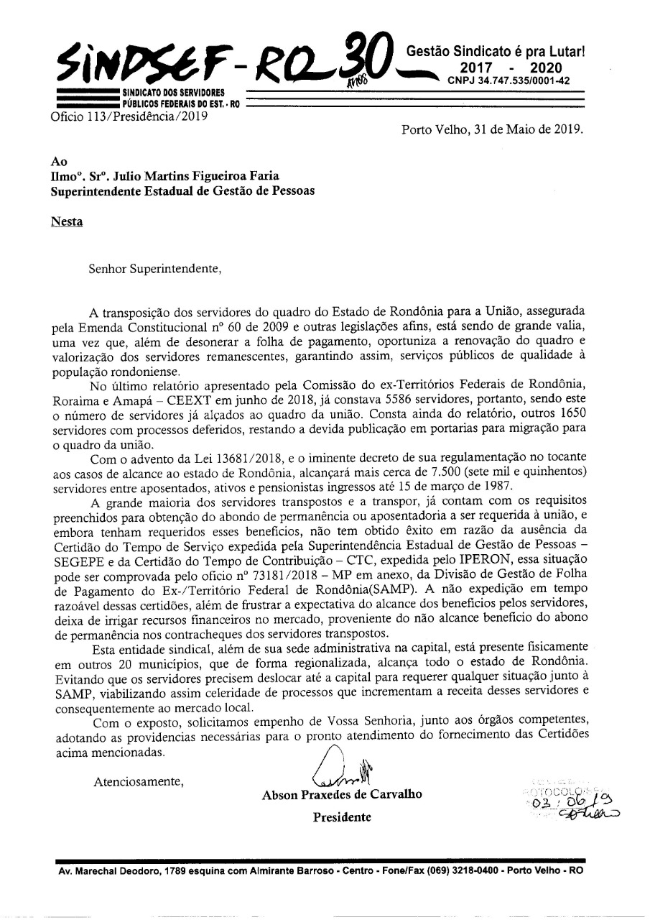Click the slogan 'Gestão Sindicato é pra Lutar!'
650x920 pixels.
496,52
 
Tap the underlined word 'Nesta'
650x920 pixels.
67,221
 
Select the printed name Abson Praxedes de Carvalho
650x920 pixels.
342,794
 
